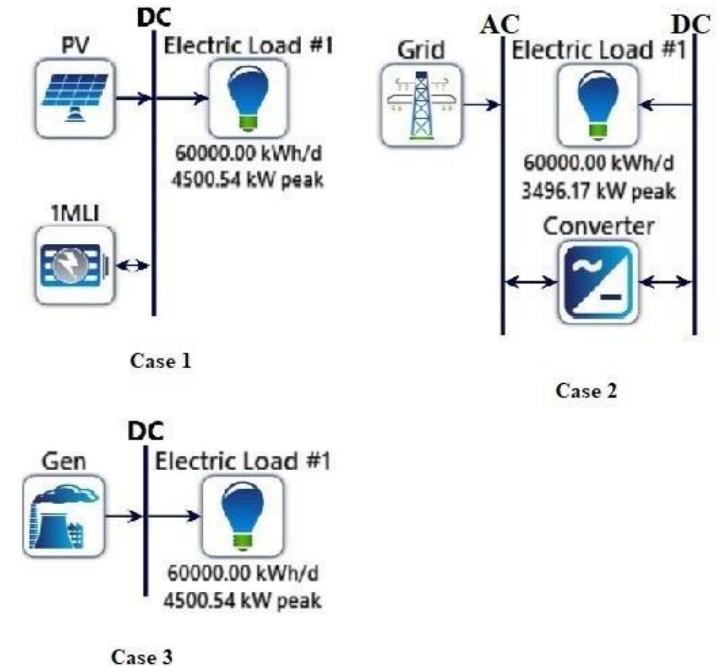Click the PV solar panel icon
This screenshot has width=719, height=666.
[x=75, y=99]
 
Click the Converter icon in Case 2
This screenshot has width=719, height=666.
[x=598, y=282]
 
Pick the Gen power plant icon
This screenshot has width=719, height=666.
[x=64, y=516]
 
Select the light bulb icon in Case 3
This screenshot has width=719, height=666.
[x=242, y=516]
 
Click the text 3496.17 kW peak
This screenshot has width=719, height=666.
[x=598, y=192]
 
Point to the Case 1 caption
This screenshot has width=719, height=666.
[x=161, y=361]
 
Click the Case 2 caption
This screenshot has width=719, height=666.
[x=586, y=391]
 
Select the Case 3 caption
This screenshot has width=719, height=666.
[x=142, y=657]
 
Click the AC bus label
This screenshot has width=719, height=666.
[x=499, y=25]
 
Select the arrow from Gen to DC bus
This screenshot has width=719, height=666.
[x=124, y=516]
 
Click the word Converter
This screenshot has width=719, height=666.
[x=598, y=226]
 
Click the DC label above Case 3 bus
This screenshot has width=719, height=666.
[x=145, y=431]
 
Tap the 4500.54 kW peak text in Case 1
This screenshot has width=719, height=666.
[x=247, y=180]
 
